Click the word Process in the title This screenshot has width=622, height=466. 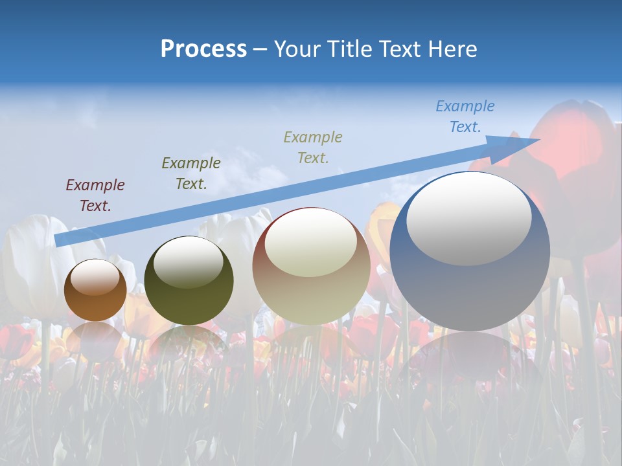pyautogui.click(x=203, y=49)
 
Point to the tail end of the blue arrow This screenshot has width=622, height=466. pyautogui.click(x=58, y=240)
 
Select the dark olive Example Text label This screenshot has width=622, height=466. pyautogui.click(x=191, y=173)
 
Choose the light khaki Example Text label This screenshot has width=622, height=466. pyautogui.click(x=313, y=147)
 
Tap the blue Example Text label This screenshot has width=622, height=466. pyautogui.click(x=465, y=116)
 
